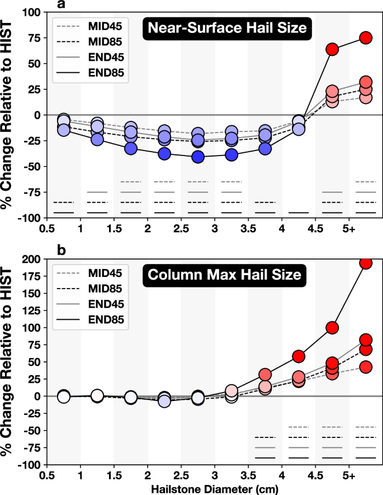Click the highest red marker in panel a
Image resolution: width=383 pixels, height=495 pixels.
pos(366,37)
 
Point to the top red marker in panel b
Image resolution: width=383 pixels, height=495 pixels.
pos(366,263)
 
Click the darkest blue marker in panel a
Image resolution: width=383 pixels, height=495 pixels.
pos(197,157)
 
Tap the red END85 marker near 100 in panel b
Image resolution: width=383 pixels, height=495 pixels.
pos(332,328)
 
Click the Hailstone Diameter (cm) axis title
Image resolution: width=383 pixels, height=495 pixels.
pos(214,489)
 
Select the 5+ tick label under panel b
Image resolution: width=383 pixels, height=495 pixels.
pos(349,476)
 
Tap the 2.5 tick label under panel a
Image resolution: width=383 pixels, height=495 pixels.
pos(181,229)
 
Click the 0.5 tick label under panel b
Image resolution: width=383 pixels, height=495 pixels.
pos(47,476)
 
